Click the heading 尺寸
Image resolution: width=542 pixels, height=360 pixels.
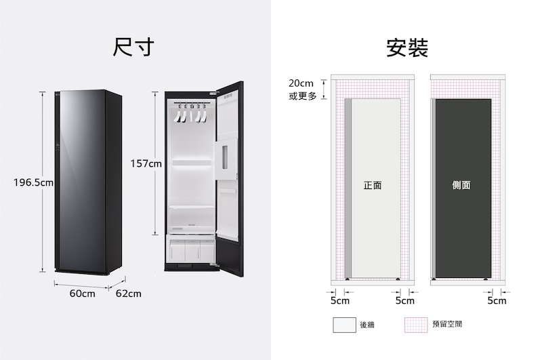(x=133, y=47)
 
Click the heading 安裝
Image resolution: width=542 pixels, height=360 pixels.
(x=407, y=47)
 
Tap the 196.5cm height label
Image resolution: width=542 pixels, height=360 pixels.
(x=33, y=182)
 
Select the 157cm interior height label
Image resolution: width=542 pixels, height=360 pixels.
(x=146, y=163)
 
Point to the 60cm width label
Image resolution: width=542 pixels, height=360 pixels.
(x=82, y=294)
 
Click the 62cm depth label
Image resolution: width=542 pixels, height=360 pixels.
(x=129, y=294)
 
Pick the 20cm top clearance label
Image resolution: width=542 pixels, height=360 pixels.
(x=301, y=83)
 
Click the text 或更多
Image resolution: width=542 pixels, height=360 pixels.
(x=303, y=96)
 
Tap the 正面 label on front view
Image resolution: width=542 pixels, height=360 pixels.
(x=373, y=185)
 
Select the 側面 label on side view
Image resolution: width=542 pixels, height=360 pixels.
(x=461, y=185)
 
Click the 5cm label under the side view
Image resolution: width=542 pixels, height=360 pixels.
(x=497, y=300)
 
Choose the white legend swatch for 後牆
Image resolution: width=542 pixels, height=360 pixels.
(x=344, y=325)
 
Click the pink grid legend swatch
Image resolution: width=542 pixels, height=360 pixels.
(x=416, y=325)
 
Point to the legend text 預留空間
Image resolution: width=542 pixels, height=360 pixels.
(x=447, y=324)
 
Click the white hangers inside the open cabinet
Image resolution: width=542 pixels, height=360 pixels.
(x=190, y=113)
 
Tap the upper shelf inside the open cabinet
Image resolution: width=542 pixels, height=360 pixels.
(x=192, y=163)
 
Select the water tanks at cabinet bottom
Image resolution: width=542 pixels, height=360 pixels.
(x=191, y=250)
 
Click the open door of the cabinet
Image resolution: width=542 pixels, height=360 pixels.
(x=230, y=179)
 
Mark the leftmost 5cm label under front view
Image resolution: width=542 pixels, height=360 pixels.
(x=340, y=300)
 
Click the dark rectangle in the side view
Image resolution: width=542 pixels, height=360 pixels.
(x=463, y=188)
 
